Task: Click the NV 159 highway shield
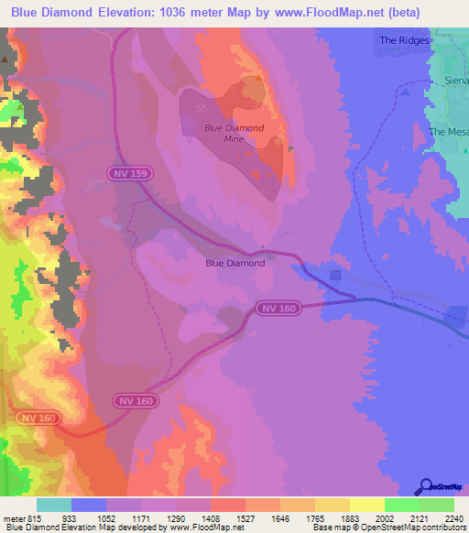tap(134, 172)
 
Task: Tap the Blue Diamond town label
tap(234, 263)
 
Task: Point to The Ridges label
tap(404, 41)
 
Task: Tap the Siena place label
tap(456, 80)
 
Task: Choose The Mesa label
tap(449, 132)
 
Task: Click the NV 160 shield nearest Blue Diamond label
tap(278, 309)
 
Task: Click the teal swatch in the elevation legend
tap(54, 505)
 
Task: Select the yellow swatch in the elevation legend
tap(366, 505)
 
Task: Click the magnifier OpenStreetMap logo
tap(424, 485)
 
